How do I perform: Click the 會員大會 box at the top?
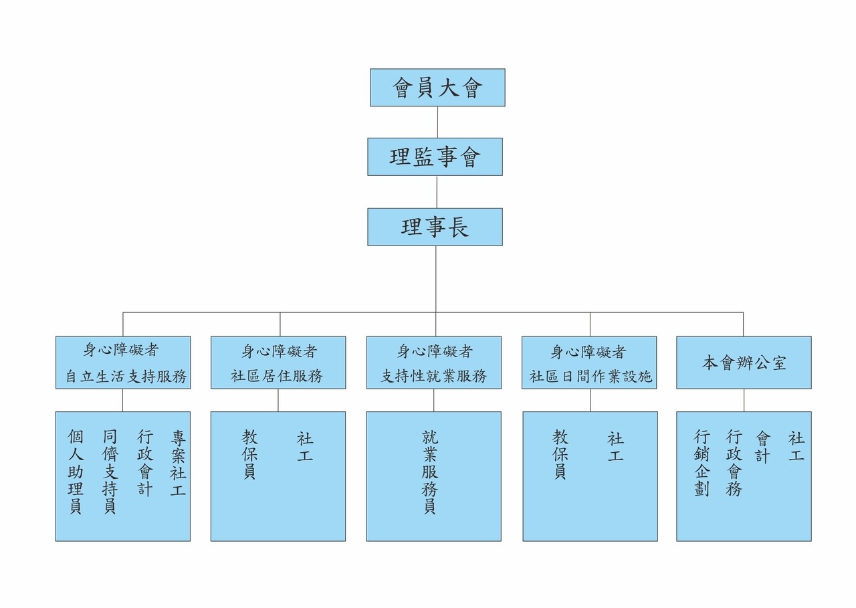pos(437,88)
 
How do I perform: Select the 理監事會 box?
pos(435,157)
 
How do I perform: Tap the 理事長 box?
pos(435,227)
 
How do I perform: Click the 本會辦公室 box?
pos(744,363)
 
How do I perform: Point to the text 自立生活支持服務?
pos(126,377)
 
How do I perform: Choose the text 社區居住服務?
pos(277,377)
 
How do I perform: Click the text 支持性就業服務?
pos(433,377)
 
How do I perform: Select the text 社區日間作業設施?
pos(590,377)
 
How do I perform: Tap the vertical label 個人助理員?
pos(76,472)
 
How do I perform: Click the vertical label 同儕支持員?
pos(110,472)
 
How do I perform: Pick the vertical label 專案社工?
pos(178,464)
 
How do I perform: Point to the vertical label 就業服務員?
pos(430,472)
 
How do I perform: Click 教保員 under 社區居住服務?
pos(249,455)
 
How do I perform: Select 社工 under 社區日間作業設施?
pos(615,447)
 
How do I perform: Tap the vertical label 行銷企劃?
pos(702,464)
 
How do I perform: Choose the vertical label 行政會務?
pos(734,464)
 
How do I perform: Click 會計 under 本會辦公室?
pos(763,447)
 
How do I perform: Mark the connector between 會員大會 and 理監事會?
pos(437,122)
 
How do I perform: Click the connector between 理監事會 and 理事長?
pos(436,192)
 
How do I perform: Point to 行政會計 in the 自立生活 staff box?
pos(145,464)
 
